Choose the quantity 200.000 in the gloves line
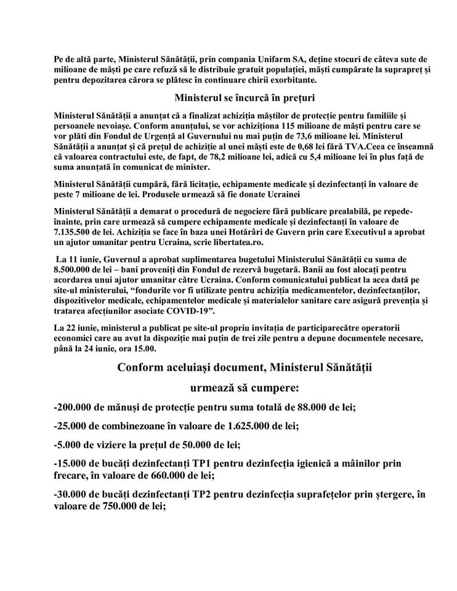[78, 406]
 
